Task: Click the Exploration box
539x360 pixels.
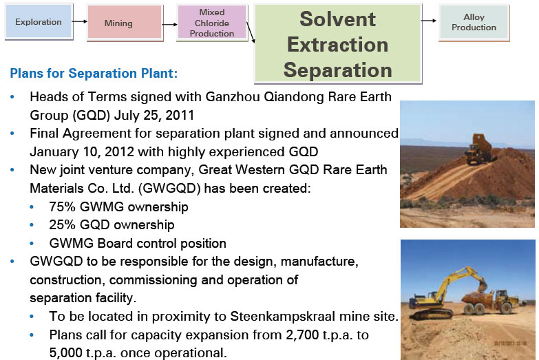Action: pos(39,21)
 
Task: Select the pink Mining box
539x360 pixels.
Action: pos(125,23)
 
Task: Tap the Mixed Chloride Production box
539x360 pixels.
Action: pos(212,23)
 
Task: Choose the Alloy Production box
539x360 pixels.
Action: pos(474,22)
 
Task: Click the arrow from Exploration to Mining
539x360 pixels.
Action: pos(80,21)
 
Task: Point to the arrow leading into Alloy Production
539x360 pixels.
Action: pos(429,21)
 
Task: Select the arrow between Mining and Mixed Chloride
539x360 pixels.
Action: pos(170,24)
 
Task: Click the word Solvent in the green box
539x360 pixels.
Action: pos(337,19)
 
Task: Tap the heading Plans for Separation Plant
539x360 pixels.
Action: pos(94,73)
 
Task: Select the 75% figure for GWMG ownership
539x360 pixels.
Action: pos(62,207)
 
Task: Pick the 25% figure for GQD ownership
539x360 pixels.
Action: pos(62,225)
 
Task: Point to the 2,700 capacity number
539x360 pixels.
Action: pos(302,335)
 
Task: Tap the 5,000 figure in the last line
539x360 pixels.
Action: pos(65,353)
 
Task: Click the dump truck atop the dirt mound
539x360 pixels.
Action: pos(478,149)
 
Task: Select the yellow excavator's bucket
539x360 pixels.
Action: pos(483,284)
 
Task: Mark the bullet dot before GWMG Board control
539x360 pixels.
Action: pos(32,244)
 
